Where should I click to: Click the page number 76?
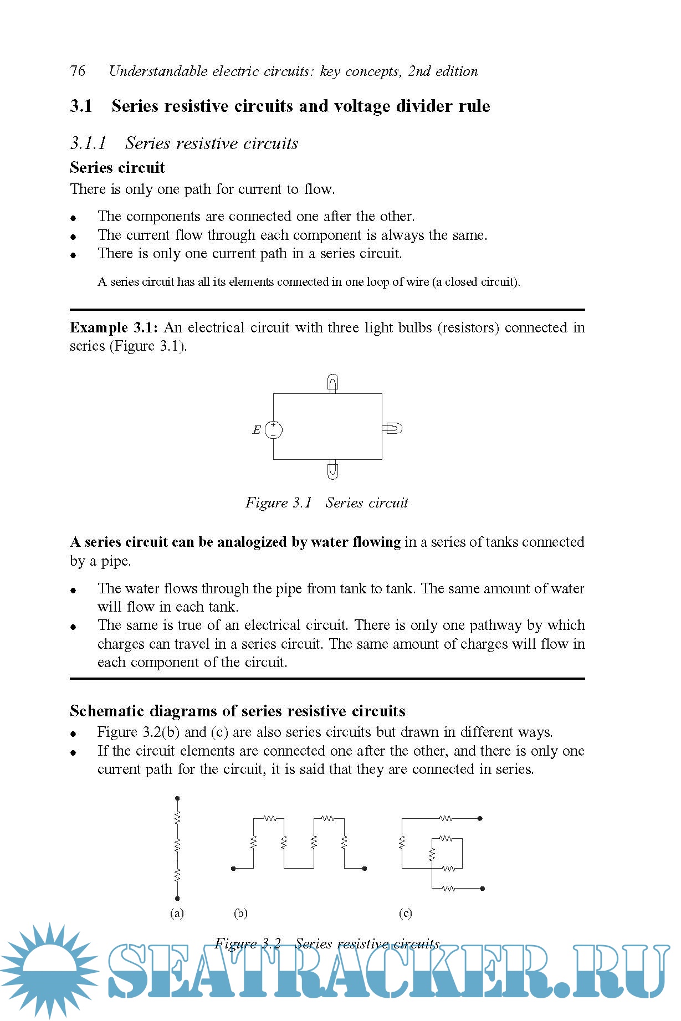[78, 71]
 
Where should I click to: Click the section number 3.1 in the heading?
[81, 106]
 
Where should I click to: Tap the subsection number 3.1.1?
[88, 143]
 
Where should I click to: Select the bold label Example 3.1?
[114, 327]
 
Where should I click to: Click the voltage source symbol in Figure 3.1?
[273, 429]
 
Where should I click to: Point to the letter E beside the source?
[257, 430]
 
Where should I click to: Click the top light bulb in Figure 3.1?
[332, 383]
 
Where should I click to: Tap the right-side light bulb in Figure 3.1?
[393, 428]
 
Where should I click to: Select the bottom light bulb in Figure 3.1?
[332, 470]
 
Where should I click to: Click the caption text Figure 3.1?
[278, 502]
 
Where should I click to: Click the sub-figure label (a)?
[177, 913]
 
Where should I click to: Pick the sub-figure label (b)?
[240, 913]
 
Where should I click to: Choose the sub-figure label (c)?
[406, 913]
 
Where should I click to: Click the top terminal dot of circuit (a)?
[177, 798]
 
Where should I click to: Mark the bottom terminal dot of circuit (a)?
[177, 898]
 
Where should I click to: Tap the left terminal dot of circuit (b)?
[233, 868]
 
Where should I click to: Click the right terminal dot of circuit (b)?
[365, 868]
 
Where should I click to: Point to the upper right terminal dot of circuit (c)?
[480, 818]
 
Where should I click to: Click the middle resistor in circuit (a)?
[177, 846]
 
